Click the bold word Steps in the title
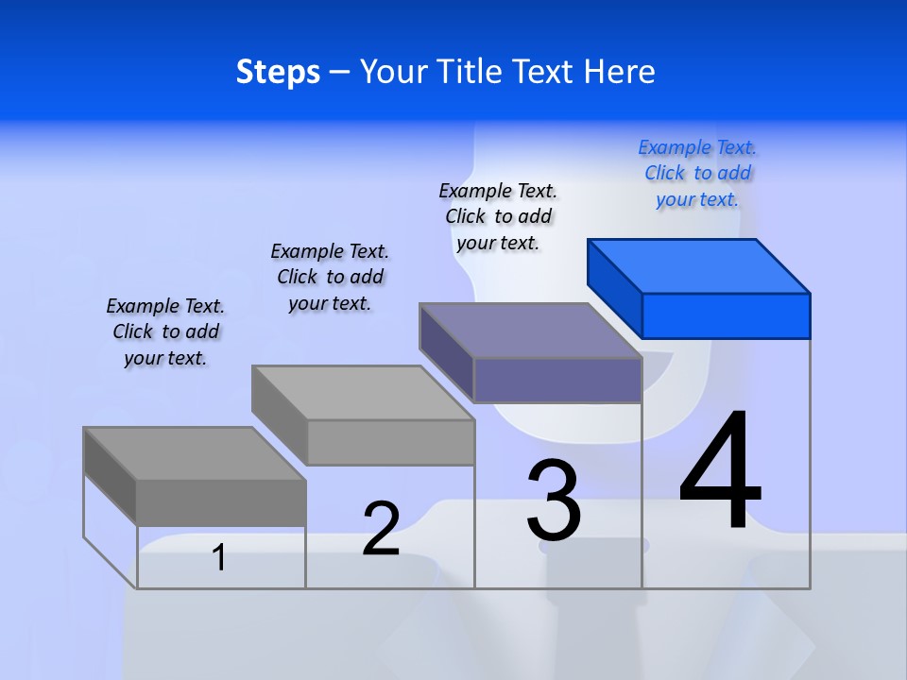[278, 72]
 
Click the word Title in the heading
[470, 72]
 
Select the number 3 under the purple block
[554, 500]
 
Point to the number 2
[381, 529]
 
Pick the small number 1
[218, 557]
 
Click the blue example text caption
[697, 174]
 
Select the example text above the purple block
[498, 216]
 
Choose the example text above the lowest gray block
[165, 331]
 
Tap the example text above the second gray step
[330, 277]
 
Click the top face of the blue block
[699, 265]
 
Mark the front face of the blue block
[726, 315]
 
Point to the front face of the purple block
[557, 381]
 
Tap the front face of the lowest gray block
[221, 502]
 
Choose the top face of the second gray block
[363, 392]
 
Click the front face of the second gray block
[390, 442]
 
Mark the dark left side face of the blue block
[614, 289]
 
